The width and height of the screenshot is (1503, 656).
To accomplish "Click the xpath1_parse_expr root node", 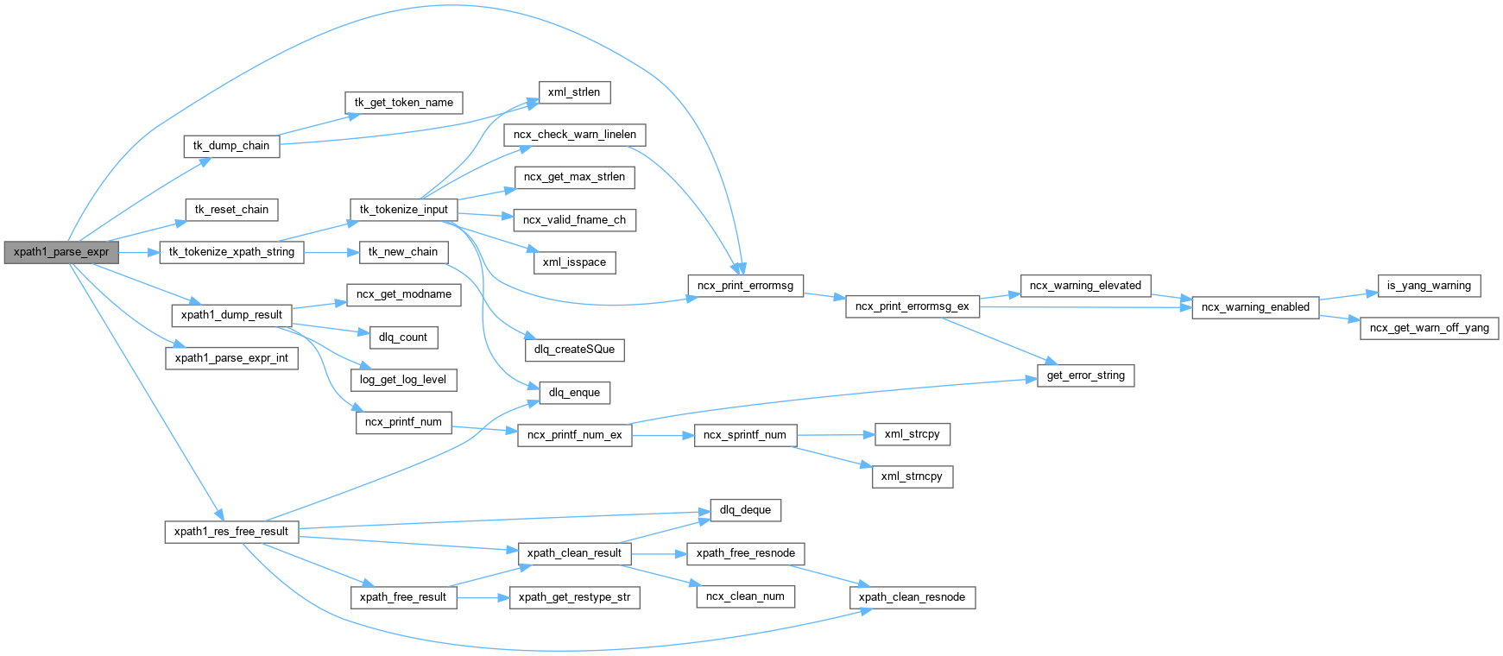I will click(60, 252).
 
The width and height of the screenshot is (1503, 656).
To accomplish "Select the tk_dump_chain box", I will click(231, 146).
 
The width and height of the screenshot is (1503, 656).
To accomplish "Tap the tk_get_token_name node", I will click(403, 103).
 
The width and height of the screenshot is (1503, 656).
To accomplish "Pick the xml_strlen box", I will click(573, 92).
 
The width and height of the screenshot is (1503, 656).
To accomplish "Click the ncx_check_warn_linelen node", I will click(574, 135).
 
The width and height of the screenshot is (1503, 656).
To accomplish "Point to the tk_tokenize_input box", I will click(403, 210).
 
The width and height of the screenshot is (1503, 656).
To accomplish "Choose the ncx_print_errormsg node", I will click(745, 286).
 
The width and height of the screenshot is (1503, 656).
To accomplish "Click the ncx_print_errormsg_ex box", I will click(912, 306).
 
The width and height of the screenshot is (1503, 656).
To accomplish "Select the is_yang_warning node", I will click(1428, 286).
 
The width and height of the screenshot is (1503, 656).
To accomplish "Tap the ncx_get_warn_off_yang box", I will click(1429, 328).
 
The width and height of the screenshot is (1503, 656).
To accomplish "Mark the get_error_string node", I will click(1085, 375).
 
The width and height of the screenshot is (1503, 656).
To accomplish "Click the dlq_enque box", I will click(574, 393).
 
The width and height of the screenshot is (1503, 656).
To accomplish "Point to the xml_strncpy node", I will click(912, 476).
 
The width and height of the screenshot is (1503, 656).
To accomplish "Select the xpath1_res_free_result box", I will click(231, 532).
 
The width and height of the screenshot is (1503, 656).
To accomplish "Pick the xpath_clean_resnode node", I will click(912, 597).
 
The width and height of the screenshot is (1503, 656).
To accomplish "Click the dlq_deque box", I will click(745, 510).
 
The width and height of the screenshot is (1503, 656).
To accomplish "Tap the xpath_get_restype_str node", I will click(574, 597).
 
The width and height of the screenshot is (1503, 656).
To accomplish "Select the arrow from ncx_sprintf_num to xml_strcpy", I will click(834, 435).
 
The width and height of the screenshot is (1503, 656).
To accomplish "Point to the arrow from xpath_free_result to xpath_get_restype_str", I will click(483, 597).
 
